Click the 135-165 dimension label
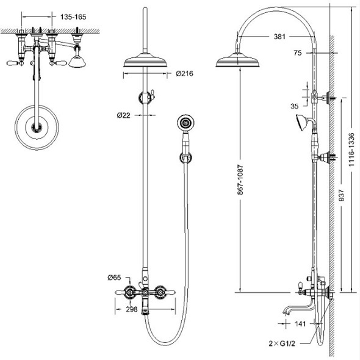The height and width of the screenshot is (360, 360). coord(73,17)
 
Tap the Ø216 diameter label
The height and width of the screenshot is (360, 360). coord(185,74)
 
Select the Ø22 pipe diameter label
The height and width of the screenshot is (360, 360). coord(123,115)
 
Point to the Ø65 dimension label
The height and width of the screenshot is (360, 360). coord(114,278)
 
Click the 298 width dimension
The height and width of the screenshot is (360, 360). coord(132,309)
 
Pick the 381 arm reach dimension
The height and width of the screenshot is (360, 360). coord(279,37)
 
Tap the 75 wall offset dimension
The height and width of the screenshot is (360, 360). coord(298,53)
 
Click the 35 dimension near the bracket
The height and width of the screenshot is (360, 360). coord(295,106)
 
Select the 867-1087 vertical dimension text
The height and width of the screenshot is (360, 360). coord(240,180)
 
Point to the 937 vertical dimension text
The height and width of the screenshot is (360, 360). coord(342,195)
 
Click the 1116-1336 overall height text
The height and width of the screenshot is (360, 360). coord(351,149)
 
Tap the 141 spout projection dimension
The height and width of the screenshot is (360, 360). coord(300,324)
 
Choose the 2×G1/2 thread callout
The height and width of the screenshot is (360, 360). coord(282,344)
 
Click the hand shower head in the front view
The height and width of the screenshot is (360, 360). coord(185,123)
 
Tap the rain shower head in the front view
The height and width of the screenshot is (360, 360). coord(145,60)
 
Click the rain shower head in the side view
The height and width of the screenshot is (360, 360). coord(237,60)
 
